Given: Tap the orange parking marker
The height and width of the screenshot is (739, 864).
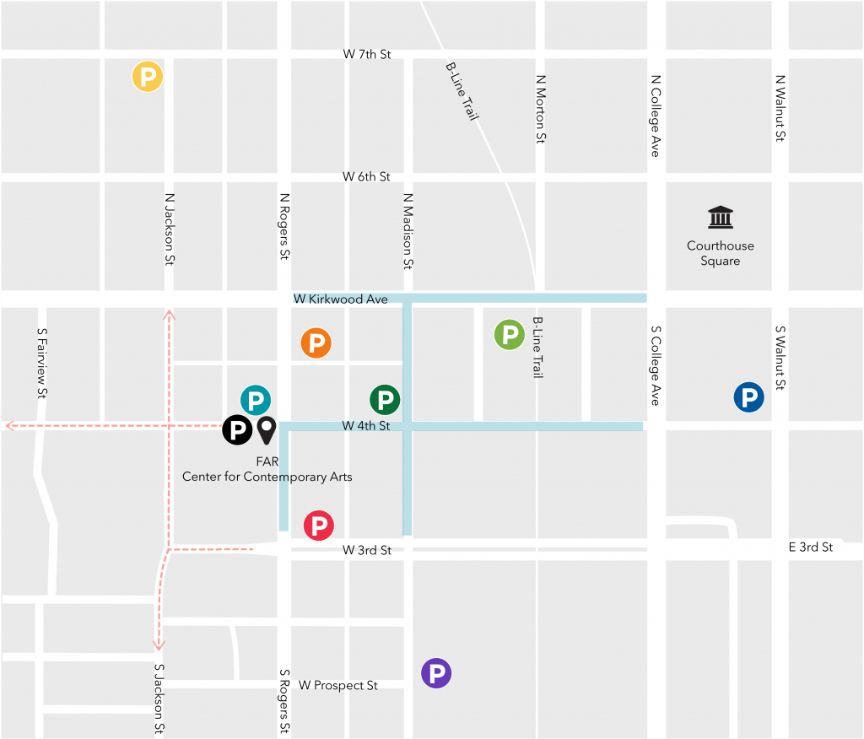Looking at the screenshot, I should [x=316, y=343].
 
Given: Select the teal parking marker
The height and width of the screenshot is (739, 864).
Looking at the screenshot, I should [x=256, y=400].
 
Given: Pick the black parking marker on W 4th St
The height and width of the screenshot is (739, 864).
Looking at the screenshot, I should [x=237, y=429].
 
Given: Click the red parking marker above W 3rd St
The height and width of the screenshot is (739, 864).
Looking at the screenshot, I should [x=319, y=526].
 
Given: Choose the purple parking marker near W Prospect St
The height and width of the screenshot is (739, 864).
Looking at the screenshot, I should [x=436, y=673].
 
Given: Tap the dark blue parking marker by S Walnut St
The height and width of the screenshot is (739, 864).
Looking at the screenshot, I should [x=748, y=397].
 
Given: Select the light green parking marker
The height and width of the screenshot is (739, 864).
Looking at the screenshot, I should [x=510, y=335].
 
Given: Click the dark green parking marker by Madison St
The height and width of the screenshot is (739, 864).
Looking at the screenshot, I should [x=385, y=398].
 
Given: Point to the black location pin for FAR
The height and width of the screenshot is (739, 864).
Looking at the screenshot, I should [x=267, y=429].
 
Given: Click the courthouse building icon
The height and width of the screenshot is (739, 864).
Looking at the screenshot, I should [x=720, y=218].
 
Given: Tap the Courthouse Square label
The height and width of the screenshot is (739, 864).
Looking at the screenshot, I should [x=720, y=253].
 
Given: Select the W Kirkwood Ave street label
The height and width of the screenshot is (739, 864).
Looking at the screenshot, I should [x=341, y=299].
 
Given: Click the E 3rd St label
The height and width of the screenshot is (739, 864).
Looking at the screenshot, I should [x=810, y=548].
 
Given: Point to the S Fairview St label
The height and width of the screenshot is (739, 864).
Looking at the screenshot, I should [x=41, y=363].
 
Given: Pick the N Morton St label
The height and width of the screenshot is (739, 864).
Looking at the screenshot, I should [x=540, y=109].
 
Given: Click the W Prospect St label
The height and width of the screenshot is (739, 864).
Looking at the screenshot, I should [x=337, y=685].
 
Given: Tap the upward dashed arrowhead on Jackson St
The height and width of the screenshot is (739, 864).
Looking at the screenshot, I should [x=169, y=315].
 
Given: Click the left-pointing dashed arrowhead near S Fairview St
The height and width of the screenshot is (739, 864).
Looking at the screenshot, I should [x=10, y=426].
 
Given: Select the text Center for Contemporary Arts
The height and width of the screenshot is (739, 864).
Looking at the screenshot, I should [x=267, y=477].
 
